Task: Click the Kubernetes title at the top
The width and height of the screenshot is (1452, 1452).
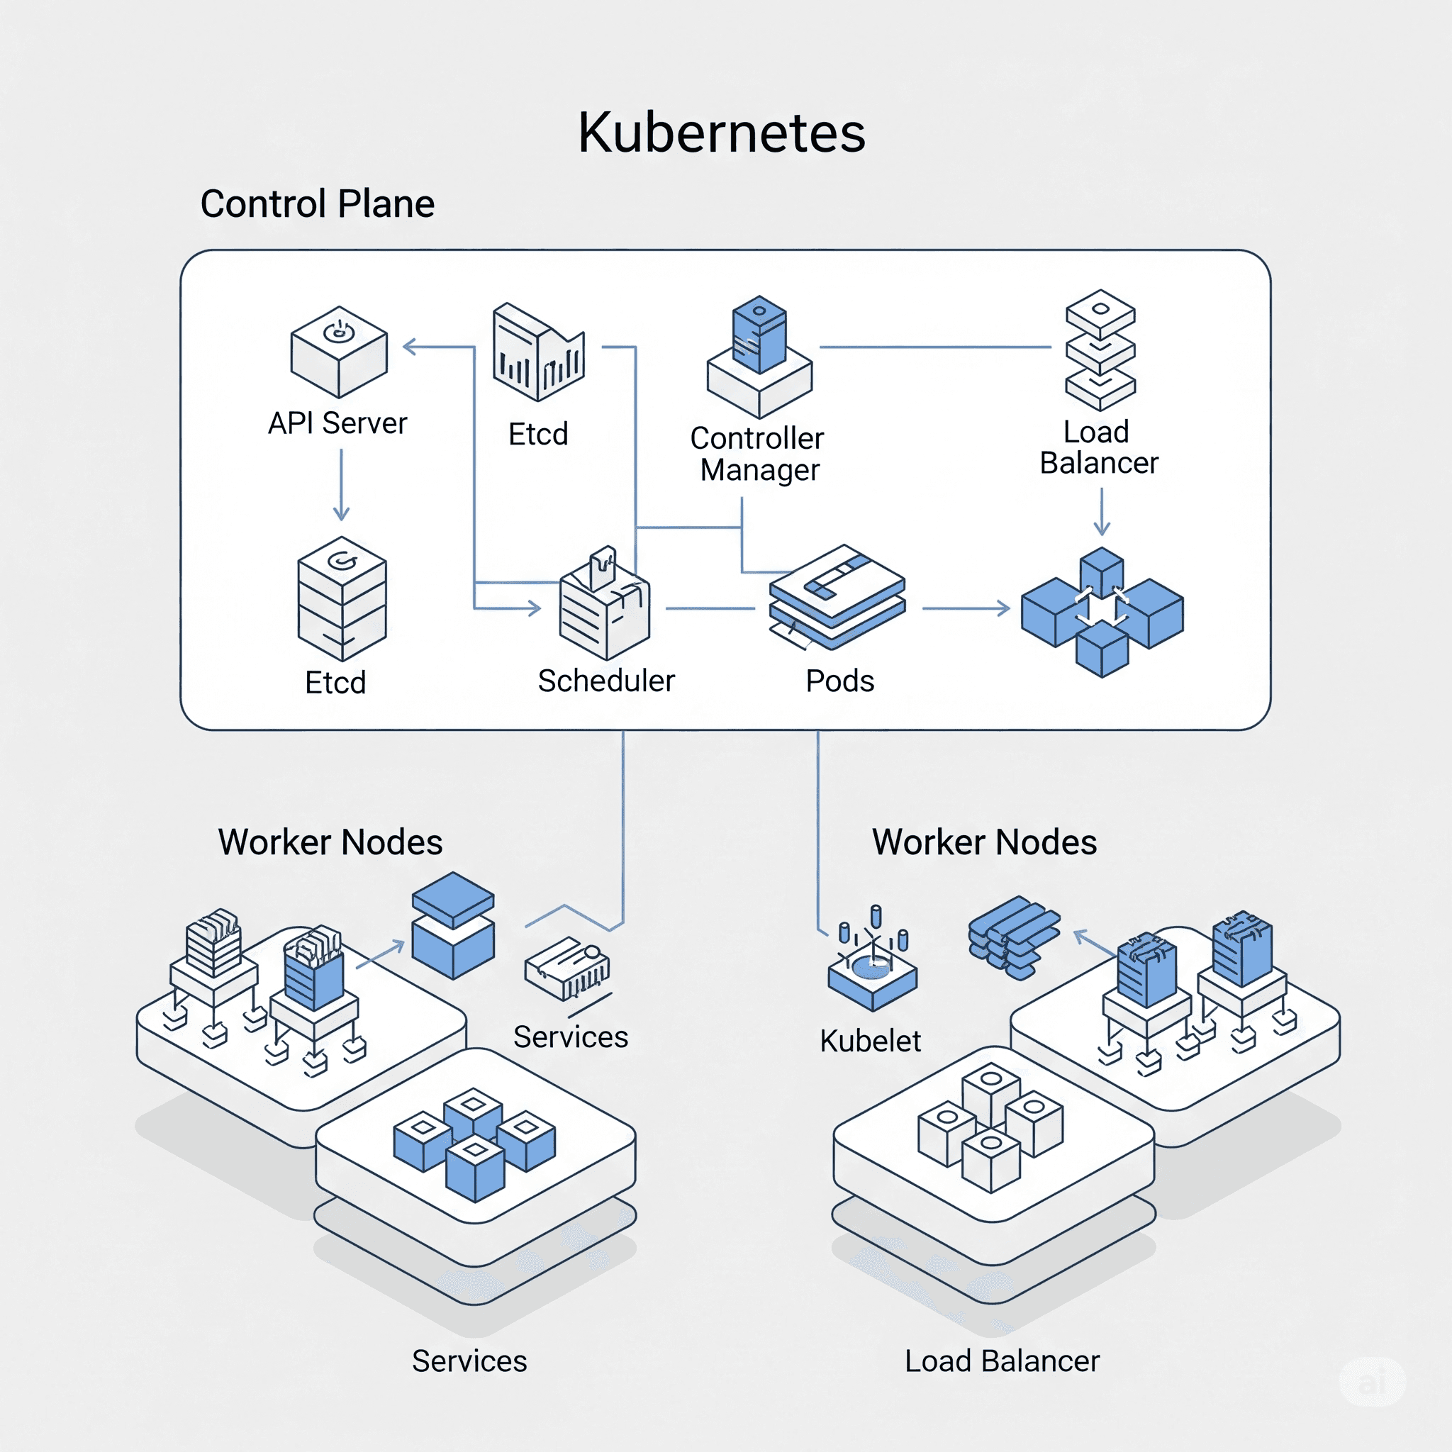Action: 722,133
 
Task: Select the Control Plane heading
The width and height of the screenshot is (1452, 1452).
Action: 317,203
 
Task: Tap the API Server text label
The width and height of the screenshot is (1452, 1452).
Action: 337,423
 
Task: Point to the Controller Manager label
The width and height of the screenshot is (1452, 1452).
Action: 758,454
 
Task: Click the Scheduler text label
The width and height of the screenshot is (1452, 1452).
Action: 606,681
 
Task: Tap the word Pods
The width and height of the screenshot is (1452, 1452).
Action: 839,681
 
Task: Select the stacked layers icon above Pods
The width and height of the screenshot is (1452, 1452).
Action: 837,598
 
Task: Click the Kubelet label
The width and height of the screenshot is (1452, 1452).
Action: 871,1041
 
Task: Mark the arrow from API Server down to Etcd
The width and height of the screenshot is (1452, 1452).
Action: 341,485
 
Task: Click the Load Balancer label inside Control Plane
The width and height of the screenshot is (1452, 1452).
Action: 1099,447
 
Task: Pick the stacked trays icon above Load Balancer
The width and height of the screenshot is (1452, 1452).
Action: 1100,350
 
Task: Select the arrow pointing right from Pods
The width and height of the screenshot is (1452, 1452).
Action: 966,608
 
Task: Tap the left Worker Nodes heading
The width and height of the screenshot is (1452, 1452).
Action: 330,842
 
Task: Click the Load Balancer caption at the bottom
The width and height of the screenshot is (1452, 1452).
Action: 1002,1361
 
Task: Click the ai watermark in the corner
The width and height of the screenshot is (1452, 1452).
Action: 1372,1382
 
